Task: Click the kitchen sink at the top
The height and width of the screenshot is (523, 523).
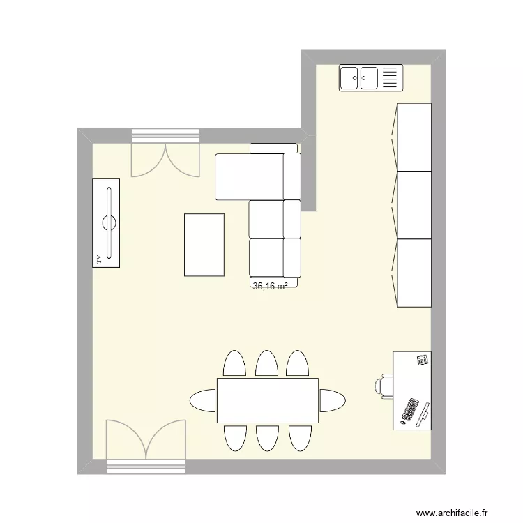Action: click(x=371, y=78)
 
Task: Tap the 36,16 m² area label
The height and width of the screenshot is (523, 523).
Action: click(x=271, y=286)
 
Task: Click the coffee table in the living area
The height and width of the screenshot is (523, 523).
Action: click(x=204, y=245)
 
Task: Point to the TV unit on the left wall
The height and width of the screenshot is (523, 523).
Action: click(x=106, y=222)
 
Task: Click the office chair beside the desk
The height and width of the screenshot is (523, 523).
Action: click(x=386, y=385)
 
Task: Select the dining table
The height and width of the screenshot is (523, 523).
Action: click(x=268, y=401)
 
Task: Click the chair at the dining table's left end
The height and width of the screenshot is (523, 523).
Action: click(x=203, y=401)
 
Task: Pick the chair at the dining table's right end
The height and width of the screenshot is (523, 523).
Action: click(x=333, y=401)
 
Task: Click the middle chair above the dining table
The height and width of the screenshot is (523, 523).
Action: click(x=267, y=363)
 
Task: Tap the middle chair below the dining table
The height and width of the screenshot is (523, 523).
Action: click(x=267, y=438)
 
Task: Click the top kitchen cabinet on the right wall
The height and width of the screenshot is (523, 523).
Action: click(x=414, y=137)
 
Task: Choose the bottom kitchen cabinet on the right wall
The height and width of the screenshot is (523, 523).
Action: click(x=414, y=273)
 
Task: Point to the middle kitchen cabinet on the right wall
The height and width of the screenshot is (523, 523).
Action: click(x=414, y=205)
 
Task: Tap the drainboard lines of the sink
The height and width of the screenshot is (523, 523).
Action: click(x=391, y=78)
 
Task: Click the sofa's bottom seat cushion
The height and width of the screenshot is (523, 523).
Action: click(x=275, y=258)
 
